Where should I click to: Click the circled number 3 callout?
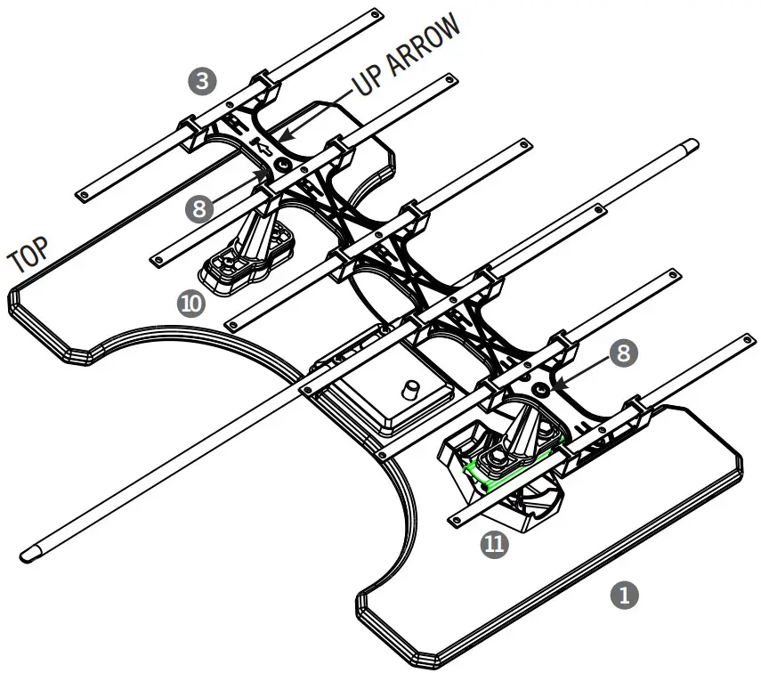point(204,82)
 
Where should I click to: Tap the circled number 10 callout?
point(191,303)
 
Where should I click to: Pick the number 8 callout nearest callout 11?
point(623,353)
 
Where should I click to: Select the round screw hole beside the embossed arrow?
point(283,165)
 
